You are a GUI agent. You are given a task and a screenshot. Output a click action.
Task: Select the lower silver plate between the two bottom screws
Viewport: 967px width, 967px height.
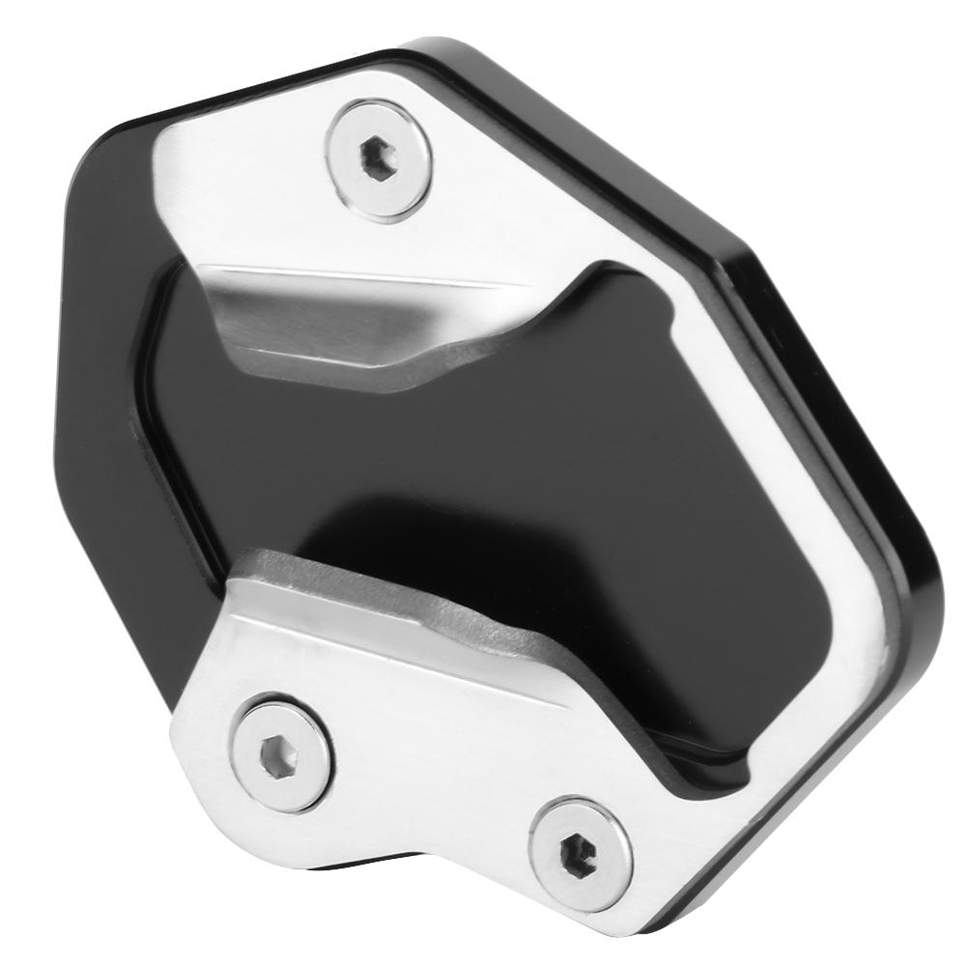425,773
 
